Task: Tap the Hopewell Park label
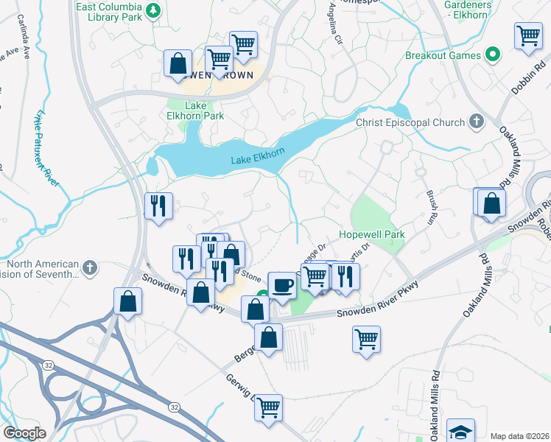click(x=372, y=234)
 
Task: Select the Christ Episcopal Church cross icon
click(x=476, y=122)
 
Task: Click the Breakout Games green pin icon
click(x=492, y=55)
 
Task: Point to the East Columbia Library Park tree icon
click(x=152, y=10)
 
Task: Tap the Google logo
click(x=27, y=432)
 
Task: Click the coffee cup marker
click(x=282, y=284)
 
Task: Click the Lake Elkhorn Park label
click(x=185, y=110)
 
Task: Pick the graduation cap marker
click(x=460, y=431)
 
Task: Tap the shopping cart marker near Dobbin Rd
click(x=528, y=35)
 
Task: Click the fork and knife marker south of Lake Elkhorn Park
click(x=158, y=205)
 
